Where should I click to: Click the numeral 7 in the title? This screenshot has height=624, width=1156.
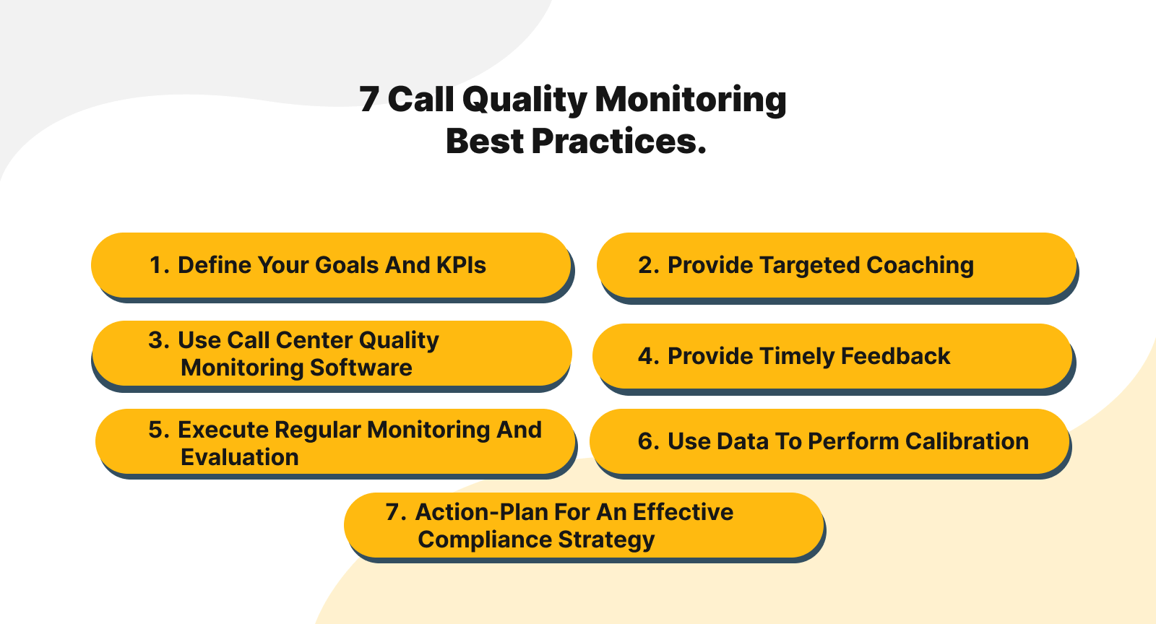coord(368,100)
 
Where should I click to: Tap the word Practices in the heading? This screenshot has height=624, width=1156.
coord(618,142)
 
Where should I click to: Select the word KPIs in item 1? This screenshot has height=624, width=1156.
coord(461,265)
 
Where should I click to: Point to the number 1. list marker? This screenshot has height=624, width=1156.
coord(159,265)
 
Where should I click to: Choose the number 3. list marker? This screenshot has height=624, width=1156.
coord(158,340)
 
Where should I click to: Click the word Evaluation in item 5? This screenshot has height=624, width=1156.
coord(239,457)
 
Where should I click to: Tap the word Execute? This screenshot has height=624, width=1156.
coord(223,430)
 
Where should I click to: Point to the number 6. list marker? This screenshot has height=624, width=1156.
coord(648,441)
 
